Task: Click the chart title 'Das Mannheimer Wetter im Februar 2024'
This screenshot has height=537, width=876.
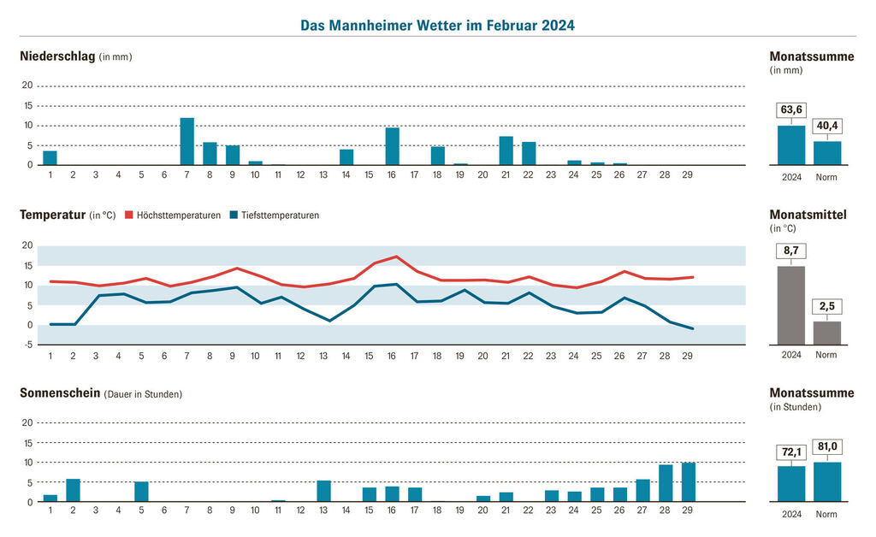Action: click(x=437, y=26)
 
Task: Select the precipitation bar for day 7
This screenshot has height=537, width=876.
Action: click(x=186, y=142)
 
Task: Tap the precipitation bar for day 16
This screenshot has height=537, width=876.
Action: click(x=393, y=146)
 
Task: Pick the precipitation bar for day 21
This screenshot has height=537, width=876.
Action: click(x=506, y=150)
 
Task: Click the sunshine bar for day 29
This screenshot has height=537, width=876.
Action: click(x=689, y=482)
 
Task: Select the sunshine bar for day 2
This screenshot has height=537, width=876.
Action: click(x=73, y=491)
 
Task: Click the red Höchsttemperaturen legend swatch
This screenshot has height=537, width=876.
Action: click(x=130, y=215)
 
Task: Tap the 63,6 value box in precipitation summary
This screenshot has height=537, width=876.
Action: click(x=791, y=109)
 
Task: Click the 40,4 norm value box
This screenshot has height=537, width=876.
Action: click(x=827, y=126)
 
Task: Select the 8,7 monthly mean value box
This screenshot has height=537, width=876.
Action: click(x=791, y=251)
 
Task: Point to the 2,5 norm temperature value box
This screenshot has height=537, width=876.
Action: click(x=827, y=306)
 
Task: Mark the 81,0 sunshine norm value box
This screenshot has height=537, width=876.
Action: click(x=827, y=446)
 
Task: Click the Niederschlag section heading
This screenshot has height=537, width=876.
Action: click(x=56, y=56)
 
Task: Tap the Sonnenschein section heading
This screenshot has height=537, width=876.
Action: click(x=61, y=393)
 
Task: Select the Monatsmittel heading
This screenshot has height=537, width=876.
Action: click(x=808, y=215)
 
